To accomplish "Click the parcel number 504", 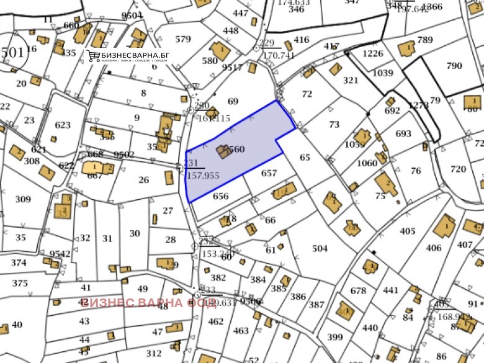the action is [320, 249].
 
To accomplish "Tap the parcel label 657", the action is [269, 173].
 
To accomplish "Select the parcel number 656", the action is [220, 197].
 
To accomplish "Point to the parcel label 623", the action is [63, 125].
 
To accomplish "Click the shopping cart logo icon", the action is [94, 56].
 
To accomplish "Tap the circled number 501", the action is [12, 52].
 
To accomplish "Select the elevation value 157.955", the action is [203, 176].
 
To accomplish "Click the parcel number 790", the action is [454, 66].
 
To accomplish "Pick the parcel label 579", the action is [183, 39].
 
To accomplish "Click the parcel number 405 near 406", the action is [407, 231].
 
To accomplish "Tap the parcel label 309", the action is [23, 199].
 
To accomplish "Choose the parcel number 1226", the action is [373, 53].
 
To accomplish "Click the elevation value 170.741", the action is [279, 55].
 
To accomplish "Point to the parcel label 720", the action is [458, 169].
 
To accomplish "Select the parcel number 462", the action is [215, 321].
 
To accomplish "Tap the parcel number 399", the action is [334, 338].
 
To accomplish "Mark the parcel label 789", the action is [425, 40].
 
